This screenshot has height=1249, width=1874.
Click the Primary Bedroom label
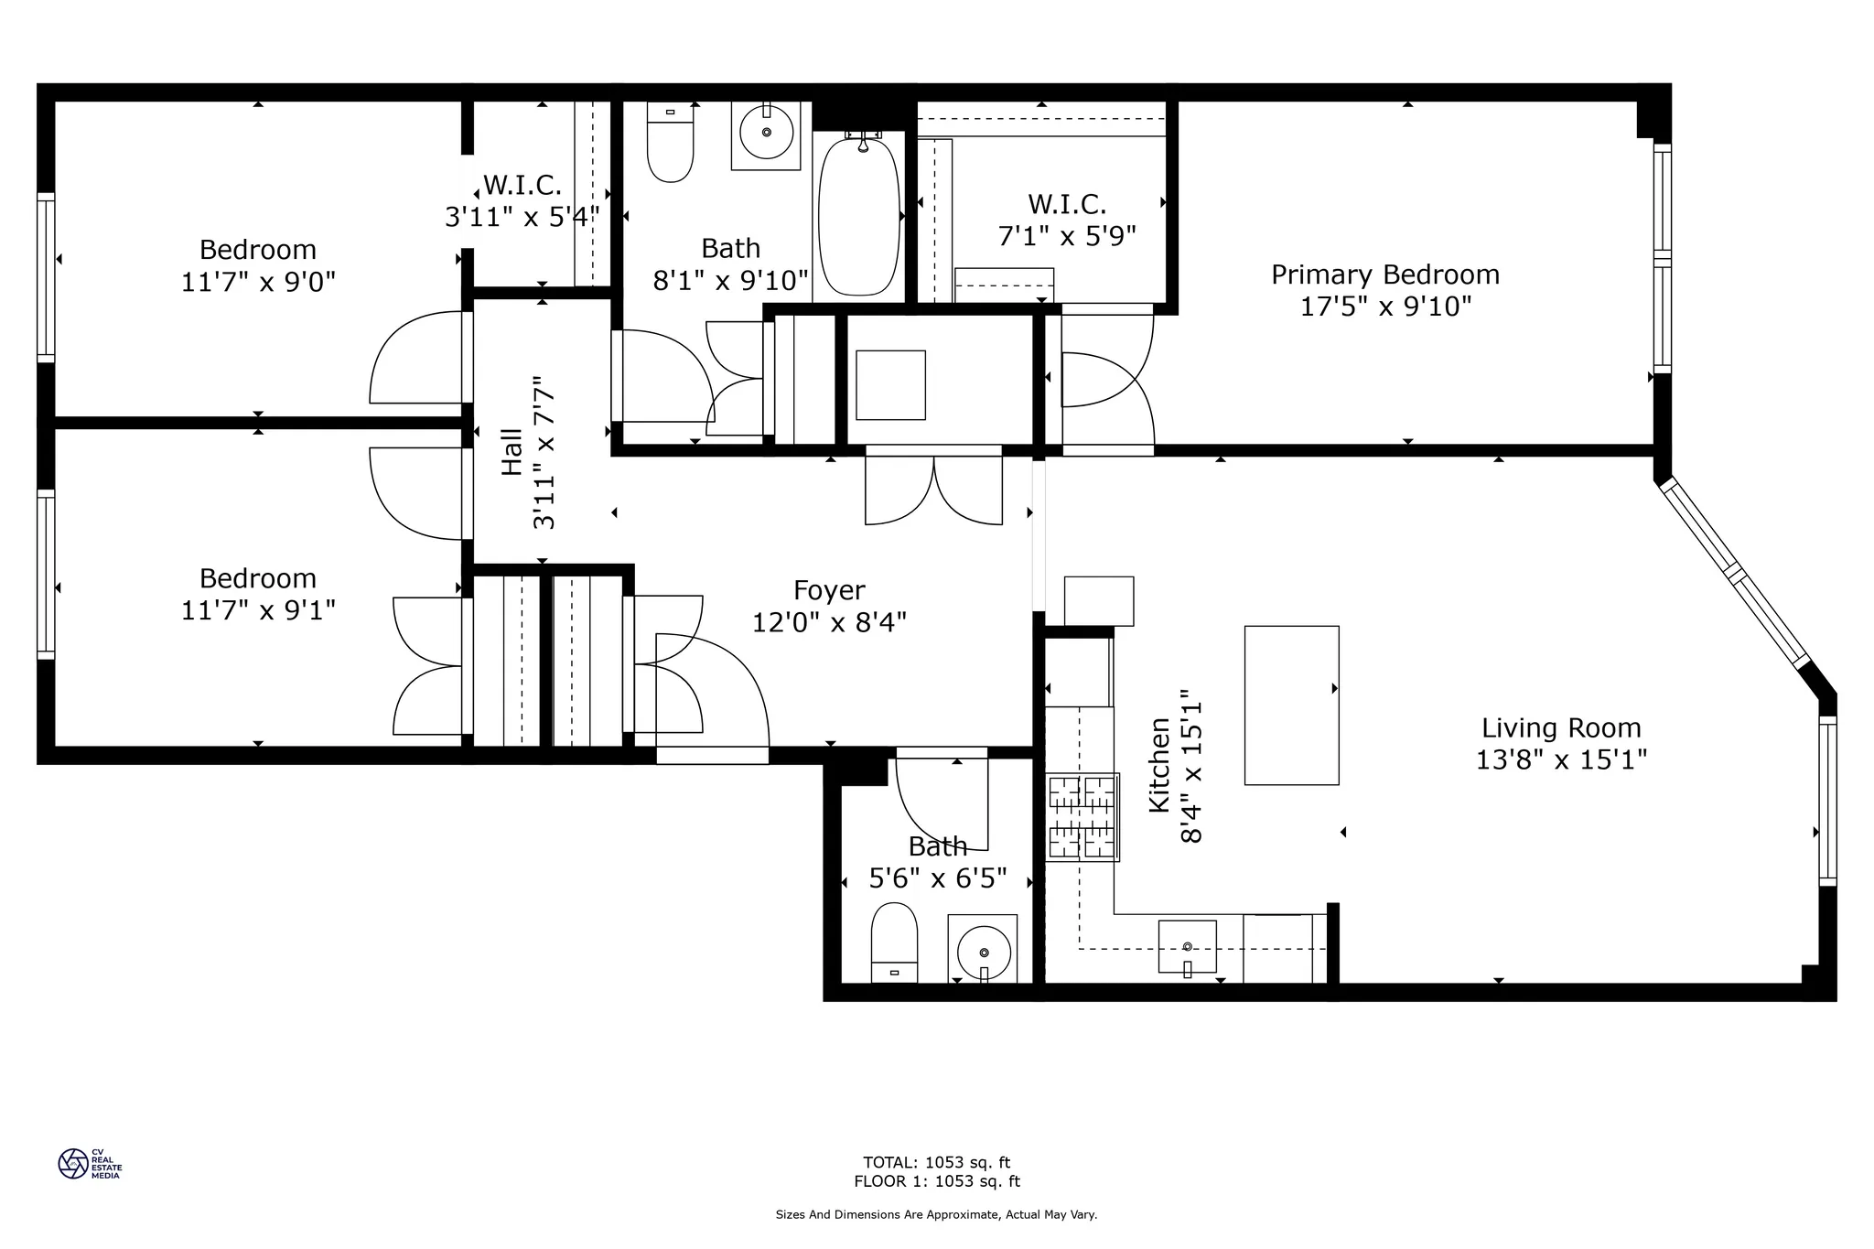pyautogui.click(x=1384, y=275)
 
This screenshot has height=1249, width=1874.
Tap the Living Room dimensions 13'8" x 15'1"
pyautogui.click(x=1561, y=760)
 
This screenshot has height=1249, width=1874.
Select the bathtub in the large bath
pyautogui.click(x=859, y=216)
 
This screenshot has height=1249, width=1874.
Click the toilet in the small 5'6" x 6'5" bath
pyautogui.click(x=894, y=941)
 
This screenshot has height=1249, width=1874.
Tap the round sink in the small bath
pyautogui.click(x=983, y=952)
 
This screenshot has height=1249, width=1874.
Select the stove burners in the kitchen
pyautogui.click(x=1082, y=817)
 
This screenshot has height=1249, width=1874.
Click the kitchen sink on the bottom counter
pyautogui.click(x=1187, y=946)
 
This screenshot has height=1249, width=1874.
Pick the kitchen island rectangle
pyautogui.click(x=1291, y=705)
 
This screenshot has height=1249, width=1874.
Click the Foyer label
pyautogui.click(x=829, y=591)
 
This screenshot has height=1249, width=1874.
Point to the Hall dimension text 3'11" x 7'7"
pyautogui.click(x=544, y=453)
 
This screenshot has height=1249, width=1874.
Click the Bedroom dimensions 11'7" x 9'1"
pyautogui.click(x=258, y=610)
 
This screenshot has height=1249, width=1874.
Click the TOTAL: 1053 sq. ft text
pyautogui.click(x=936, y=1163)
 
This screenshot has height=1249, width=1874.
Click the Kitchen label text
pyautogui.click(x=1159, y=764)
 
